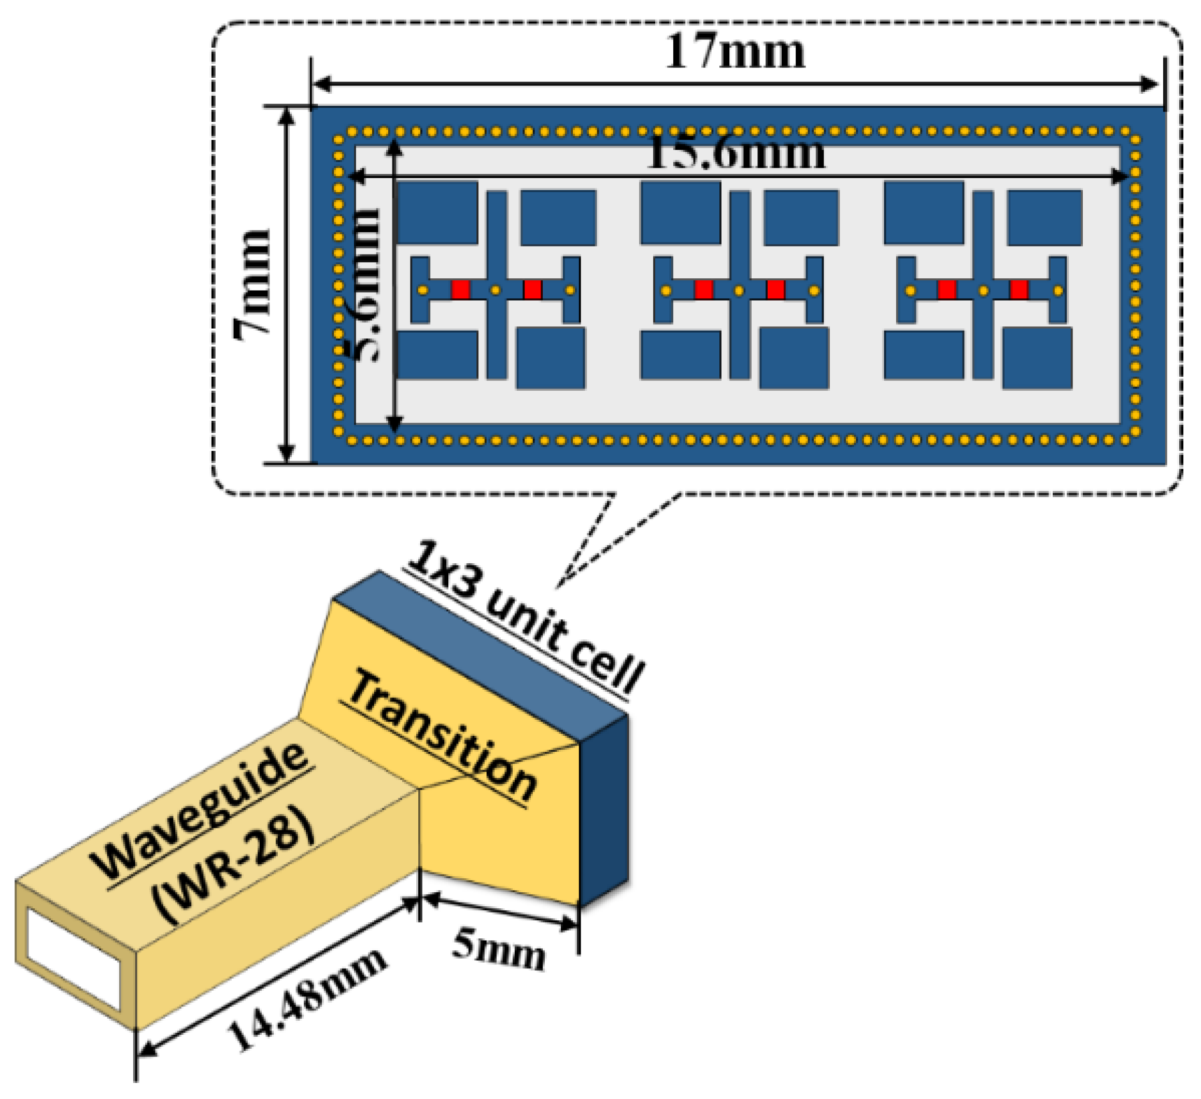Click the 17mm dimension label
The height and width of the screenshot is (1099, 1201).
coord(734,52)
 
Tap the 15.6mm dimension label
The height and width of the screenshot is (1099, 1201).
coord(736,152)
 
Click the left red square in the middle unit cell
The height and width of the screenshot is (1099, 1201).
coord(703,290)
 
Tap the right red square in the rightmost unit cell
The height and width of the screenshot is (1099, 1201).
coord(1019,290)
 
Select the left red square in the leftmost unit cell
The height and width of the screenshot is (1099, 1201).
coord(460,290)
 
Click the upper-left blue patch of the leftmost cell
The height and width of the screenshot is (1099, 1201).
coord(438,212)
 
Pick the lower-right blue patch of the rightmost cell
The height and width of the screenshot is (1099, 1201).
coord(1037,358)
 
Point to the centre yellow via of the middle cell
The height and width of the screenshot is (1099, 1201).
coord(739,291)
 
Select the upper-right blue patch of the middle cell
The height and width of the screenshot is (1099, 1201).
coord(801,218)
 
